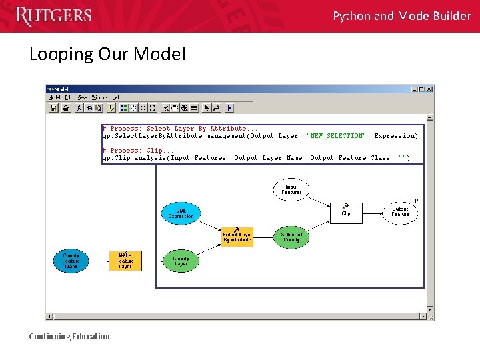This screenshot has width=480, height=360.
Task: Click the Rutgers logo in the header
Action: click(53, 16)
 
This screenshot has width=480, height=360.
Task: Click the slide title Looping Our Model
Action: click(107, 54)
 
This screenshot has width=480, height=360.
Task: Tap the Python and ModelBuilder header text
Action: click(401, 16)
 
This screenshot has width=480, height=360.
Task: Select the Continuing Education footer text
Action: click(69, 336)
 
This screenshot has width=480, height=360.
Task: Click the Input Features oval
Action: click(291, 189)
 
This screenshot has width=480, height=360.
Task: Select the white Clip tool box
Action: click(347, 213)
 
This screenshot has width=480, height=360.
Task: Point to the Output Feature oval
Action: click(400, 212)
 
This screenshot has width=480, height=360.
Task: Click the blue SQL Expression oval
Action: click(181, 213)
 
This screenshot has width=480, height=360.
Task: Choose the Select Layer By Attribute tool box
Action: click(237, 237)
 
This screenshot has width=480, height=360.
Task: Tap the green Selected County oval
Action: click(291, 237)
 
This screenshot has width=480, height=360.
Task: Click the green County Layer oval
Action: click(181, 261)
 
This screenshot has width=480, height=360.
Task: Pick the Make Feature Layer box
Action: click(125, 261)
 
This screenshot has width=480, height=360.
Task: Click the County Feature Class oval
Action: click(71, 261)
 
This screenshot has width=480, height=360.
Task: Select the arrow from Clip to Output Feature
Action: click(373, 213)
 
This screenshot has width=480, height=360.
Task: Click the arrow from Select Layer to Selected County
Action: click(263, 237)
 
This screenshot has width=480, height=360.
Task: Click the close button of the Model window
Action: click(429, 89)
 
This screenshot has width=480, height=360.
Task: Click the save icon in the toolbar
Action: click(54, 107)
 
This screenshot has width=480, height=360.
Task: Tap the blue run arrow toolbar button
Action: click(229, 107)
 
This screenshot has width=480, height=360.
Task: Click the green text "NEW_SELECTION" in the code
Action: click(336, 136)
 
